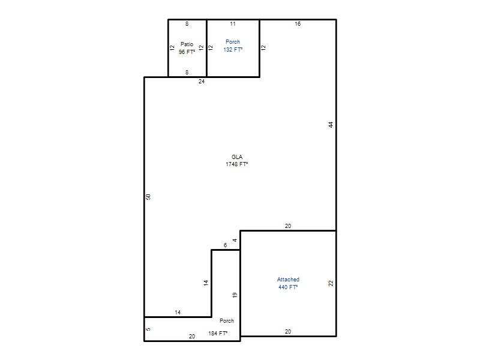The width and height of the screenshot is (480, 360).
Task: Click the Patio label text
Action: pos(187,44)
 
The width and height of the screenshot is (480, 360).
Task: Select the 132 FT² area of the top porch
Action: pos(233,50)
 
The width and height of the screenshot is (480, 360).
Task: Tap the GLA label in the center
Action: pos(237,157)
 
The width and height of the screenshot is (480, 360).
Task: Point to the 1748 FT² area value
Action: pos(236,164)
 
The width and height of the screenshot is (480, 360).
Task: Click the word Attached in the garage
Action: pos(288,280)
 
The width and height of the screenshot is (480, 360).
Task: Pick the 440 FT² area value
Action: pos(288,287)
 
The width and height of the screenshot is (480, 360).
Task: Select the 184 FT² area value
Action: pos(218,334)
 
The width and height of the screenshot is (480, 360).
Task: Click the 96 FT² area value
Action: pos(187,52)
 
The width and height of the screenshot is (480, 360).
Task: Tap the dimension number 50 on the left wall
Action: pos(148,197)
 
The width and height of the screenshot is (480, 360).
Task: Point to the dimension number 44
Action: pos(331,125)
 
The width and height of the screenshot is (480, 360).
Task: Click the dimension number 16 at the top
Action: pos(298,23)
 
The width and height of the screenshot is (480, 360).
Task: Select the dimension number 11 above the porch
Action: pos(233,23)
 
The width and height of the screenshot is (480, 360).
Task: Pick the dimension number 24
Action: pos(202,82)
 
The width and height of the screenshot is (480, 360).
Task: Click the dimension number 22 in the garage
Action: pos(331,283)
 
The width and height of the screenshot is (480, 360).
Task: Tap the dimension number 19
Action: pos(235,295)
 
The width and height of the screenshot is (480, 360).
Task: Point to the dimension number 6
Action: pos(226,245)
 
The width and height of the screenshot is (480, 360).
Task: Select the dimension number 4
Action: pos(235,241)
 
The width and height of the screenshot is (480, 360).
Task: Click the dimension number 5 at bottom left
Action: pos(148,329)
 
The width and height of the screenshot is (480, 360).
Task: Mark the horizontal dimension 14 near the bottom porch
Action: pos(178,313)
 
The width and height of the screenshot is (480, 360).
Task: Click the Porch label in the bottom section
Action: pos(227,321)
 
